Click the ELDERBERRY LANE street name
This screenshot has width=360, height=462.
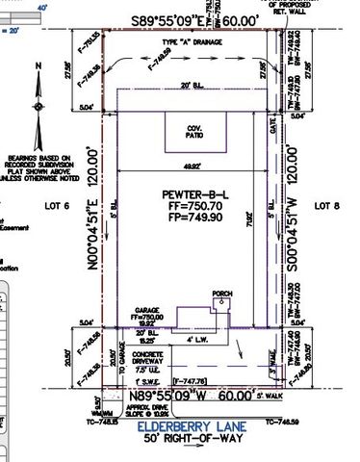(x=192, y=424)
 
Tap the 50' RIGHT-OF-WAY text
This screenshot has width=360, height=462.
(x=192, y=437)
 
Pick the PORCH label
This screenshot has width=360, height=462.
(x=222, y=293)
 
